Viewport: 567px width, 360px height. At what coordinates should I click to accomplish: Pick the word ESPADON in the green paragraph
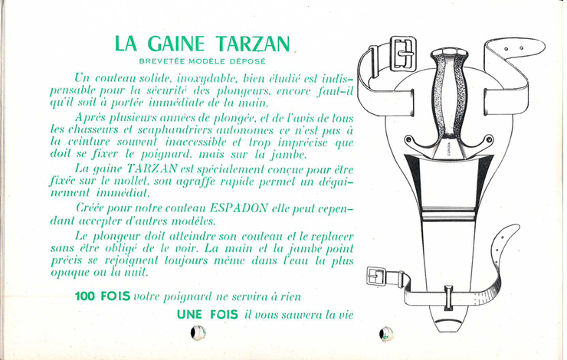coord(238,208)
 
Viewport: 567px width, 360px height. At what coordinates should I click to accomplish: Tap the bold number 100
coord(85,296)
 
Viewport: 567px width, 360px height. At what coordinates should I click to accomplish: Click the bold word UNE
coord(189,314)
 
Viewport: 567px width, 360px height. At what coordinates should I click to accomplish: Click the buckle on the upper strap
coord(403,54)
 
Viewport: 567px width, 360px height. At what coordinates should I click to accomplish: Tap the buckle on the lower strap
coord(377,277)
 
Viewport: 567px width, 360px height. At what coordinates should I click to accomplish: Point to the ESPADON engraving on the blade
coord(448,148)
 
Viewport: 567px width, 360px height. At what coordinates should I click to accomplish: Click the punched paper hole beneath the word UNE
coord(198,332)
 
